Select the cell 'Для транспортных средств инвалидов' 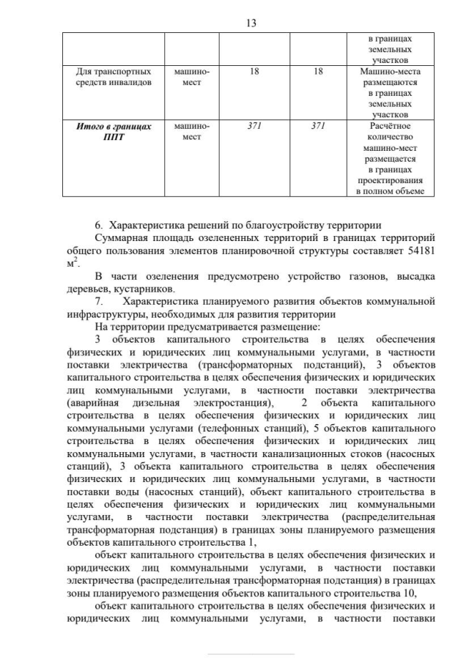[114, 77]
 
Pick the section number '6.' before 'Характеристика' [100, 225]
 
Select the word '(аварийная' [90, 402]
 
